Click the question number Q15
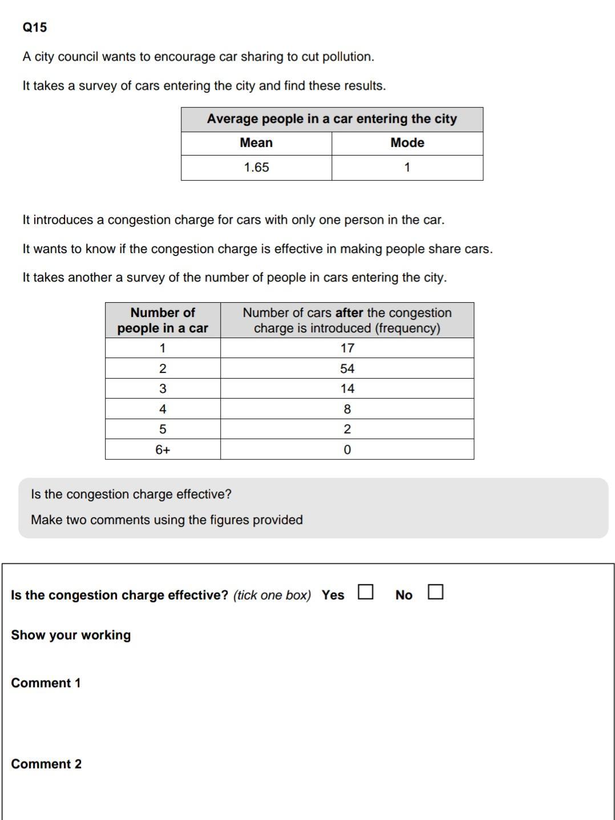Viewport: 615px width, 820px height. [x=35, y=27]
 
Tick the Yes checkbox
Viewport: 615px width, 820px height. [x=366, y=592]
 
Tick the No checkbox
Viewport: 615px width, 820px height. [x=435, y=592]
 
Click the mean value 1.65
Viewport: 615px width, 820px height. [x=256, y=168]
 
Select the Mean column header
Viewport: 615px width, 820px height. [x=256, y=143]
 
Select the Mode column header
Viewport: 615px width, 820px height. [x=407, y=143]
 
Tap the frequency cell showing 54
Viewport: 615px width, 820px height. [x=347, y=368]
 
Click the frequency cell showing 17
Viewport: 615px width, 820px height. [x=347, y=348]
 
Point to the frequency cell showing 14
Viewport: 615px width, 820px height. [x=347, y=389]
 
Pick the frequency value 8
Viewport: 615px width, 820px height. [x=347, y=409]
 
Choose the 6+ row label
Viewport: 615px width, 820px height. [x=163, y=450]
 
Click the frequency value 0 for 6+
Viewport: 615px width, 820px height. [x=347, y=450]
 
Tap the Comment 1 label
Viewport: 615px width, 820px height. [x=46, y=683]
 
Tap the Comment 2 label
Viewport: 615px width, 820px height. [x=46, y=764]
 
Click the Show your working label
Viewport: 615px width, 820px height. [x=71, y=635]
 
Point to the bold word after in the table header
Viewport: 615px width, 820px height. [x=349, y=312]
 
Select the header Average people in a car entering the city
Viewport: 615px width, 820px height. [x=331, y=119]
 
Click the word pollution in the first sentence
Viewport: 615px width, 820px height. [x=348, y=57]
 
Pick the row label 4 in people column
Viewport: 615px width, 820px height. [x=163, y=409]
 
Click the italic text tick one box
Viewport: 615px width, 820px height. [x=272, y=595]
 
